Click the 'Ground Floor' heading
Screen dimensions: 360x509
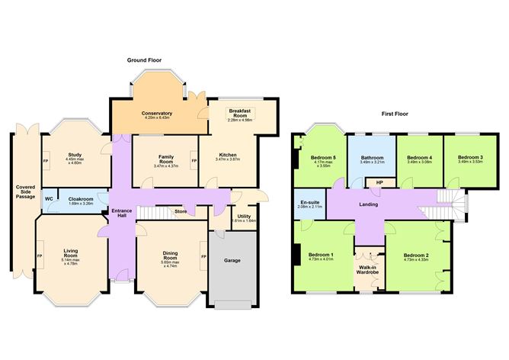click(x=149, y=59)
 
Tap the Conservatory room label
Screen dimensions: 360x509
click(x=157, y=114)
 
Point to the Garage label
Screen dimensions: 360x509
click(x=232, y=260)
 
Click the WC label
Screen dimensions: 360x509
click(x=49, y=199)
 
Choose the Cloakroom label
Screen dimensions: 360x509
click(x=80, y=199)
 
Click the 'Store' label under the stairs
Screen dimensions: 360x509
click(x=180, y=211)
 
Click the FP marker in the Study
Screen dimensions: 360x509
click(x=46, y=161)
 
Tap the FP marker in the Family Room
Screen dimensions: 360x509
click(x=194, y=161)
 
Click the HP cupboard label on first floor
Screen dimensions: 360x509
click(x=379, y=183)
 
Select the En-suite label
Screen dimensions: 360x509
click(x=309, y=202)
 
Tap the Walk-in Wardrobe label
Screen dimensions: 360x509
click(x=369, y=270)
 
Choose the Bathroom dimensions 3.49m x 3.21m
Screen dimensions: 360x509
click(x=372, y=162)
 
